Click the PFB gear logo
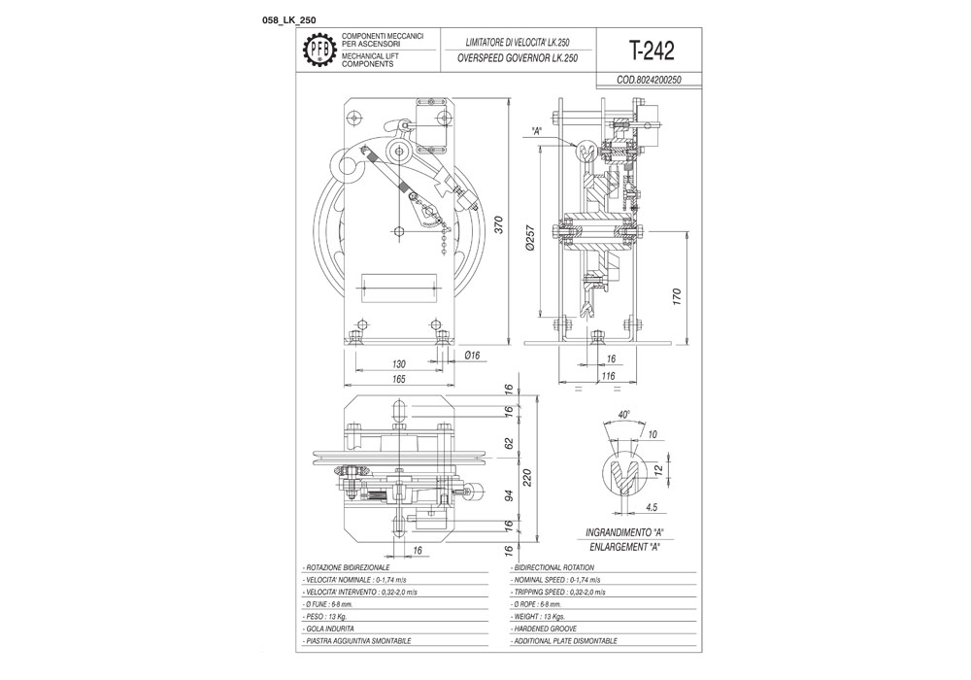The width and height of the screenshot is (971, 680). coord(319,51)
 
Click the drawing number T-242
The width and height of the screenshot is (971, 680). coord(651,51)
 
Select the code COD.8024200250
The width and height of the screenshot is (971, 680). coord(649,80)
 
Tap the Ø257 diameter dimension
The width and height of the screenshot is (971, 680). coord(530,237)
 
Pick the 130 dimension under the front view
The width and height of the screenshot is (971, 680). coord(399,364)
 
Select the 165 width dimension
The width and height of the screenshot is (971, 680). coord(399,379)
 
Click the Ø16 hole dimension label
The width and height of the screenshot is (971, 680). coord(472,356)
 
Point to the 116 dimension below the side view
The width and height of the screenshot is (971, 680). coord(608,376)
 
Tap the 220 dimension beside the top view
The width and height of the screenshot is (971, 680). coord(527,477)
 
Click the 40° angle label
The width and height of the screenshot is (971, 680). coord(623,414)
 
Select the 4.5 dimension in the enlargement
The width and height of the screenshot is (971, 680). coord(652,508)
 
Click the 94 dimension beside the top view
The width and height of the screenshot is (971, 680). coord(508,495)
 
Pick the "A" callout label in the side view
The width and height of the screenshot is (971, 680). coord(537,131)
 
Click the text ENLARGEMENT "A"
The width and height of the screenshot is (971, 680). coord(623,547)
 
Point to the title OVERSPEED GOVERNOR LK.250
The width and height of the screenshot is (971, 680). coord(518,58)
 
